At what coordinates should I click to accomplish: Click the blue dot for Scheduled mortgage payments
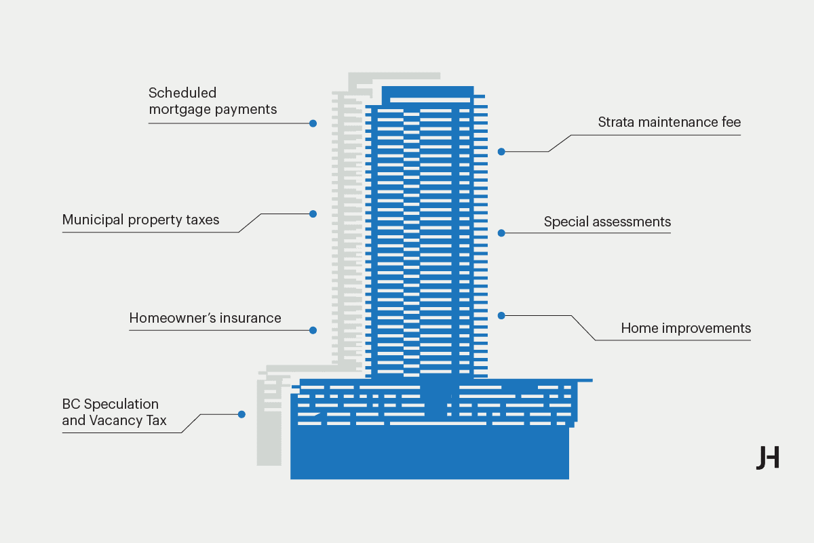313,123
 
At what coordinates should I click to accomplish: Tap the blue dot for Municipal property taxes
313,214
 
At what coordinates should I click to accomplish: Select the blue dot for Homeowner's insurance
313,330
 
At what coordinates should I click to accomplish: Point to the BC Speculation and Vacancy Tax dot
241,414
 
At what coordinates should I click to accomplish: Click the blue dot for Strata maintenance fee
501,152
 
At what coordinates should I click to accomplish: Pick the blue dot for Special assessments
501,233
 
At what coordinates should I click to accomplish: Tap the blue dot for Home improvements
501,316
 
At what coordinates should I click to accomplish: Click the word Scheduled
182,93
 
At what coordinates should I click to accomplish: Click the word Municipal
93,220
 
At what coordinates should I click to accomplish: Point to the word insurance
250,318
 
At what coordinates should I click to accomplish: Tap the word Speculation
121,404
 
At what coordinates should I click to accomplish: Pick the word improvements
706,328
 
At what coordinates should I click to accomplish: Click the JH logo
768,458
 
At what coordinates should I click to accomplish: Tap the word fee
731,122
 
